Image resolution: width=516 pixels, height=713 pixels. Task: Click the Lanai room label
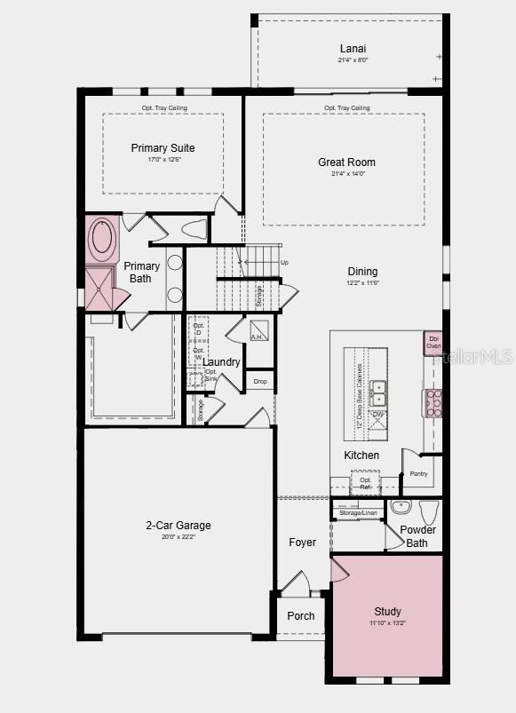(353, 49)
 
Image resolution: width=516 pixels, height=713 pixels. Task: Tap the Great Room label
(346, 162)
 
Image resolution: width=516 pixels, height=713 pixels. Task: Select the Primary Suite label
(163, 148)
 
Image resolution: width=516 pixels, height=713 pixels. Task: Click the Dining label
(362, 272)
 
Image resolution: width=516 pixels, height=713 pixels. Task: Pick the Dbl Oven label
(433, 342)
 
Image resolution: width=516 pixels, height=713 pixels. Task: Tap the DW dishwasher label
(378, 415)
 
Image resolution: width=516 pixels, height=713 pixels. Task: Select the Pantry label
(418, 473)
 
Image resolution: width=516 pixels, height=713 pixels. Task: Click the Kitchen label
(361, 456)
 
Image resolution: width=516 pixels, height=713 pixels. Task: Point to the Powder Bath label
(417, 536)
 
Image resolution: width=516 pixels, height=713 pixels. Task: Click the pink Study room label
(387, 612)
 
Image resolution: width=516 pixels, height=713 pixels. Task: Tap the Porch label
(301, 616)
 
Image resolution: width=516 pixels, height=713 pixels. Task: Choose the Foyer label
(302, 543)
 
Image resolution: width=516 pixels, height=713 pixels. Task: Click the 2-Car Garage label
(179, 526)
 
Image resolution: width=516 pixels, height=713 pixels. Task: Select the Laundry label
(221, 362)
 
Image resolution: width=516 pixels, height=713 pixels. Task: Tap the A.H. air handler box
(258, 337)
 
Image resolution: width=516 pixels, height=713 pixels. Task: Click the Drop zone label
(259, 382)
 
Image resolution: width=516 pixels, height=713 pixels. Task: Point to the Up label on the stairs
(284, 263)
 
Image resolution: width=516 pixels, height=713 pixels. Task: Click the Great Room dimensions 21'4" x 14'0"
(346, 174)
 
